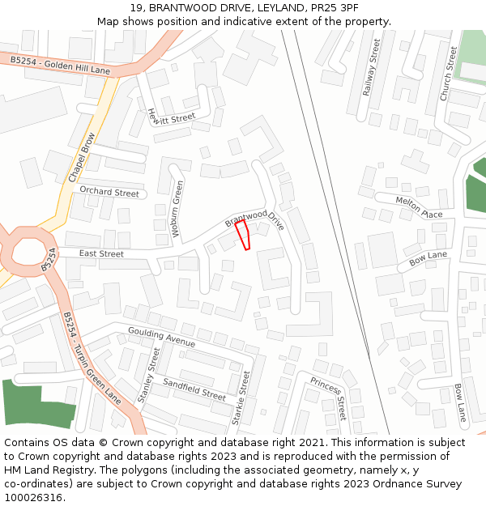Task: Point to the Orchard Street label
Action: pyautogui.click(x=109, y=192)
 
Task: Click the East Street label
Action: pyautogui.click(x=101, y=254)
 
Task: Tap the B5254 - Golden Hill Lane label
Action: pyautogui.click(x=60, y=66)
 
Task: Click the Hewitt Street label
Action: pyautogui.click(x=171, y=118)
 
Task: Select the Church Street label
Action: pyautogui.click(x=448, y=72)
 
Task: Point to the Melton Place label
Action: pyautogui.click(x=419, y=206)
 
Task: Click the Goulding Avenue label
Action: pyautogui.click(x=162, y=338)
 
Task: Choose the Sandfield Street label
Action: pyautogui.click(x=194, y=389)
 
